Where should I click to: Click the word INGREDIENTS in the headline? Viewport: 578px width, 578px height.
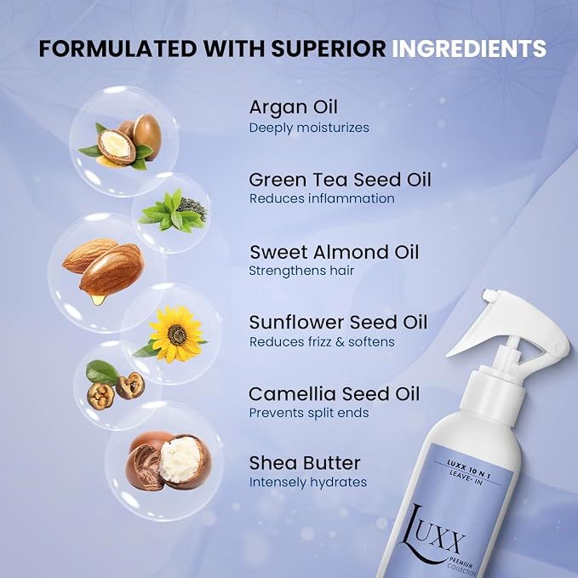point(468,49)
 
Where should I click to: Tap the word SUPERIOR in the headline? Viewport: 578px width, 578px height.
point(329,49)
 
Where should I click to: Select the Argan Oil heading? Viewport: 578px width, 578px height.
point(294,107)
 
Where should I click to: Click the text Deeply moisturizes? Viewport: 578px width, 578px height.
point(309,128)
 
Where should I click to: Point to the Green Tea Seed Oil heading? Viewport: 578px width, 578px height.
point(340,180)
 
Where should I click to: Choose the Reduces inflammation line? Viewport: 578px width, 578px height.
point(322,198)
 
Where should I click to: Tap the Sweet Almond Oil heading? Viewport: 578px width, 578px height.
point(335,253)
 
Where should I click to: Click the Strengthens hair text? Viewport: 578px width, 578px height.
point(301,271)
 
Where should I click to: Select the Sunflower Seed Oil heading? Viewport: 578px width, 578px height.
point(338,323)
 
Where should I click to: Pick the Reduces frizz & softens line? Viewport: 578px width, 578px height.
point(322,342)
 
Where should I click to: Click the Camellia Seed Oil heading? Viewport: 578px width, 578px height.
point(334,394)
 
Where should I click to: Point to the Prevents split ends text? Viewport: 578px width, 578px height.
point(309,413)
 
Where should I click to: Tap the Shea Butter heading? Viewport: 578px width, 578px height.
point(305,463)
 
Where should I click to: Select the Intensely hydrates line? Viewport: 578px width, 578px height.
point(308,483)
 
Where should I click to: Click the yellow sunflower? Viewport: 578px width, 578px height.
point(176,334)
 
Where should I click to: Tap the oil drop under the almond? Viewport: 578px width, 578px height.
point(98,299)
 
